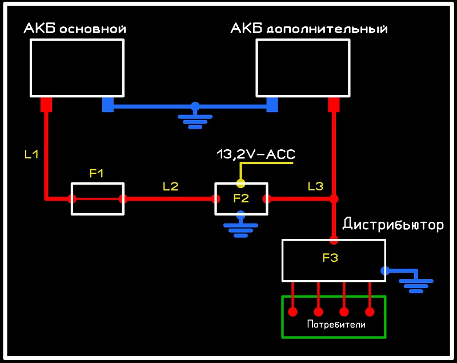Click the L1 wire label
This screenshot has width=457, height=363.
tap(31, 154)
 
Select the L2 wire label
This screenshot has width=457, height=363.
tap(170, 186)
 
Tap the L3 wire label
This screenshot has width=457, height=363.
tap(315, 186)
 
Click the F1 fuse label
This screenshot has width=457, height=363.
tap(97, 173)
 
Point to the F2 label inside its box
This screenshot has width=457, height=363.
tap(241, 198)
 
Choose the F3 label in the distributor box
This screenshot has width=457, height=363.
tap(330, 258)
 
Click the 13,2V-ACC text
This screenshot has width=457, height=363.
tap(256, 154)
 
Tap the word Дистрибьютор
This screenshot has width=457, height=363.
tap(393, 225)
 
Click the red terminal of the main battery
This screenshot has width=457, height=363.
tap(46, 105)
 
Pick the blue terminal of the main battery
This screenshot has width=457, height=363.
tap(108, 105)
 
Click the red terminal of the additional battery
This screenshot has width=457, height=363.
tap(334, 105)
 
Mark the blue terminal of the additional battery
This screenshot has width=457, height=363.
tap(272, 105)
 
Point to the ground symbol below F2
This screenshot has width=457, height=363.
tap(241, 227)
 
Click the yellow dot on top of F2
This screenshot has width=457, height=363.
tap(240, 184)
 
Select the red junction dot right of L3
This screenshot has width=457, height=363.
tap(334, 199)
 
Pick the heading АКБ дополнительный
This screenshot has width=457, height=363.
tap(308, 29)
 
